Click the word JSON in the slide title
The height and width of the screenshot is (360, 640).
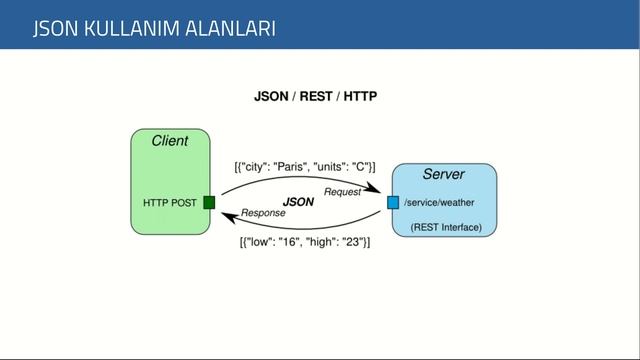coord(56,28)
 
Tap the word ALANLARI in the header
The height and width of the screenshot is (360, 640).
coord(231,28)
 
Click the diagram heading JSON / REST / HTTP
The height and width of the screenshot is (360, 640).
coord(315,96)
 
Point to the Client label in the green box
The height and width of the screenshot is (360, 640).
coord(169,141)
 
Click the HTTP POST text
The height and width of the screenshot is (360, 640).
coord(170,203)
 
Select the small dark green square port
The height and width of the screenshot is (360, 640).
coord(209,202)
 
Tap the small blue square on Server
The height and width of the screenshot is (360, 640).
coord(393,203)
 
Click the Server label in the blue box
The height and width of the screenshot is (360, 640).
coord(443,175)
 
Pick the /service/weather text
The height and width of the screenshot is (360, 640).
coord(439,203)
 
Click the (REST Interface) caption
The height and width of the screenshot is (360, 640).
coord(446,228)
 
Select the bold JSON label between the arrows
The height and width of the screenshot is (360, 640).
coord(298,202)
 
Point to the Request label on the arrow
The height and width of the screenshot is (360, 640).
coord(342,191)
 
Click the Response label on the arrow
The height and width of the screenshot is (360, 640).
coord(264,213)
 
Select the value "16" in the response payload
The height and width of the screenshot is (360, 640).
coord(291,242)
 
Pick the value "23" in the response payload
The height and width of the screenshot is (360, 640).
coord(350,242)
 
